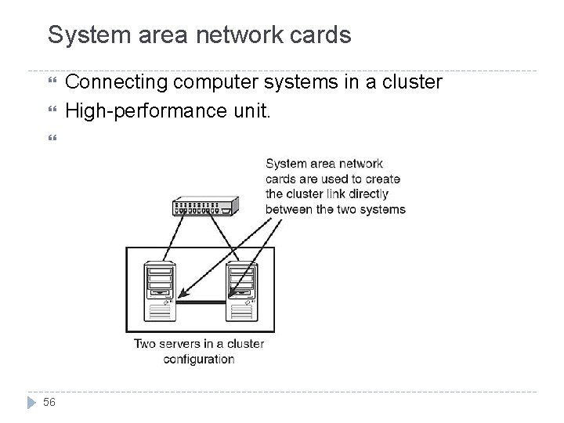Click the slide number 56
click(x=49, y=402)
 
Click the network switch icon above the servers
click(x=204, y=208)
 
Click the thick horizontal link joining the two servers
click(x=201, y=301)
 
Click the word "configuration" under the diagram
click(x=199, y=359)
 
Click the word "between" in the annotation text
click(x=286, y=208)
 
